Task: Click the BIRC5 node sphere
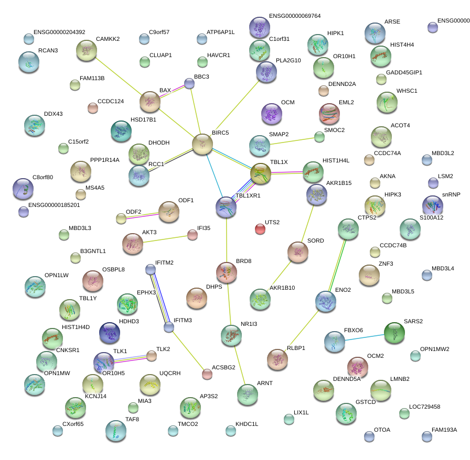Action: pyautogui.click(x=202, y=145)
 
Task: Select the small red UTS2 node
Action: pyautogui.click(x=260, y=229)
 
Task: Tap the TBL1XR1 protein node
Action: pyautogui.click(x=226, y=207)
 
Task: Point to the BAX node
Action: pyautogui.click(x=150, y=102)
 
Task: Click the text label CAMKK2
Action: pyautogui.click(x=108, y=39)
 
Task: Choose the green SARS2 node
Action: pyautogui.click(x=394, y=332)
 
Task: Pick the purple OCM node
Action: pyautogui.click(x=272, y=114)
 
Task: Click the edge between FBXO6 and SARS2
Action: pyautogui.click(x=365, y=337)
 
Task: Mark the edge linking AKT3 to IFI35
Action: pyautogui.click(x=165, y=239)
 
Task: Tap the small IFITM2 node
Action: pyautogui.click(x=151, y=269)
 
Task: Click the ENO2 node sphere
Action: pyautogui.click(x=326, y=301)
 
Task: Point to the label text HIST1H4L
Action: pyautogui.click(x=336, y=160)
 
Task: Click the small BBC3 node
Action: pyautogui.click(x=189, y=83)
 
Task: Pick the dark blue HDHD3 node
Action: pyautogui.click(x=110, y=333)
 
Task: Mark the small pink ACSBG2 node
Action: pyautogui.click(x=207, y=374)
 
